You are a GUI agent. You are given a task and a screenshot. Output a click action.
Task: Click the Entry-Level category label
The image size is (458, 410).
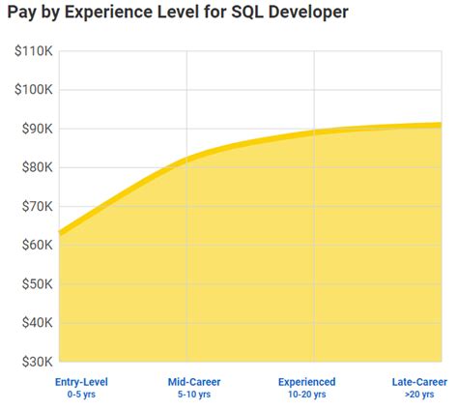pyautogui.click(x=81, y=382)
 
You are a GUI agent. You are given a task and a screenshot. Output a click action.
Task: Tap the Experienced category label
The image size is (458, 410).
pyautogui.click(x=306, y=382)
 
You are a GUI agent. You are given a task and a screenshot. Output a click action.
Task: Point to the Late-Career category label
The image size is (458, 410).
pyautogui.click(x=418, y=382)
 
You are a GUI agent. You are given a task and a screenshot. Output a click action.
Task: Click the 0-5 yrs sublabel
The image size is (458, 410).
pyautogui.click(x=81, y=395)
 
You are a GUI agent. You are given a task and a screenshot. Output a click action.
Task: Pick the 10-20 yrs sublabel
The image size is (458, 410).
pyautogui.click(x=306, y=395)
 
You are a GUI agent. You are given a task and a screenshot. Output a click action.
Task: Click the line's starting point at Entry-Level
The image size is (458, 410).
pyautogui.click(x=60, y=233)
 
